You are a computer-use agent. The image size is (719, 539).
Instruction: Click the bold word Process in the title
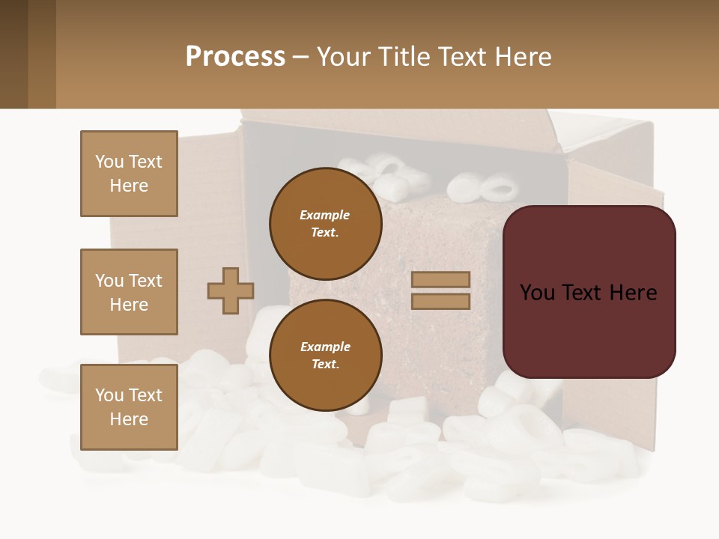235,57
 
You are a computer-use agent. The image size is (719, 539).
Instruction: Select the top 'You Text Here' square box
129,174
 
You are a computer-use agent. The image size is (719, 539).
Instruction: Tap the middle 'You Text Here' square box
129,292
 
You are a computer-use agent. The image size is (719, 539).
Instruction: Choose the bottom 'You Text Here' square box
129,407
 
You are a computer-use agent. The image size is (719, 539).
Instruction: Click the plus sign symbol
231,291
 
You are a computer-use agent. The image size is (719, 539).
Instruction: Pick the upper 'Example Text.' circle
325,223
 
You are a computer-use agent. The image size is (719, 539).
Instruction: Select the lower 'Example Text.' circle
325,355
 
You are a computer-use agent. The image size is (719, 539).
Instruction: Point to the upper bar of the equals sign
440,280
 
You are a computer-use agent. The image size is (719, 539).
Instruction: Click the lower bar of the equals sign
440,301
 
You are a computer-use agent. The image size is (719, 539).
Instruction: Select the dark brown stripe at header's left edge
13,54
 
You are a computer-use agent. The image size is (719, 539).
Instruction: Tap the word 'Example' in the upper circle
324,215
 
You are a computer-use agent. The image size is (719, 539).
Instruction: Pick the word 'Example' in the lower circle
325,347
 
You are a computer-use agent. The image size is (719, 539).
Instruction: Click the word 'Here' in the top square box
129,186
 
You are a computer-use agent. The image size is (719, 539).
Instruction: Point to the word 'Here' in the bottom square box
129,419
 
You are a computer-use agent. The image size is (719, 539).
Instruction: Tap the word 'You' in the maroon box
537,293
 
